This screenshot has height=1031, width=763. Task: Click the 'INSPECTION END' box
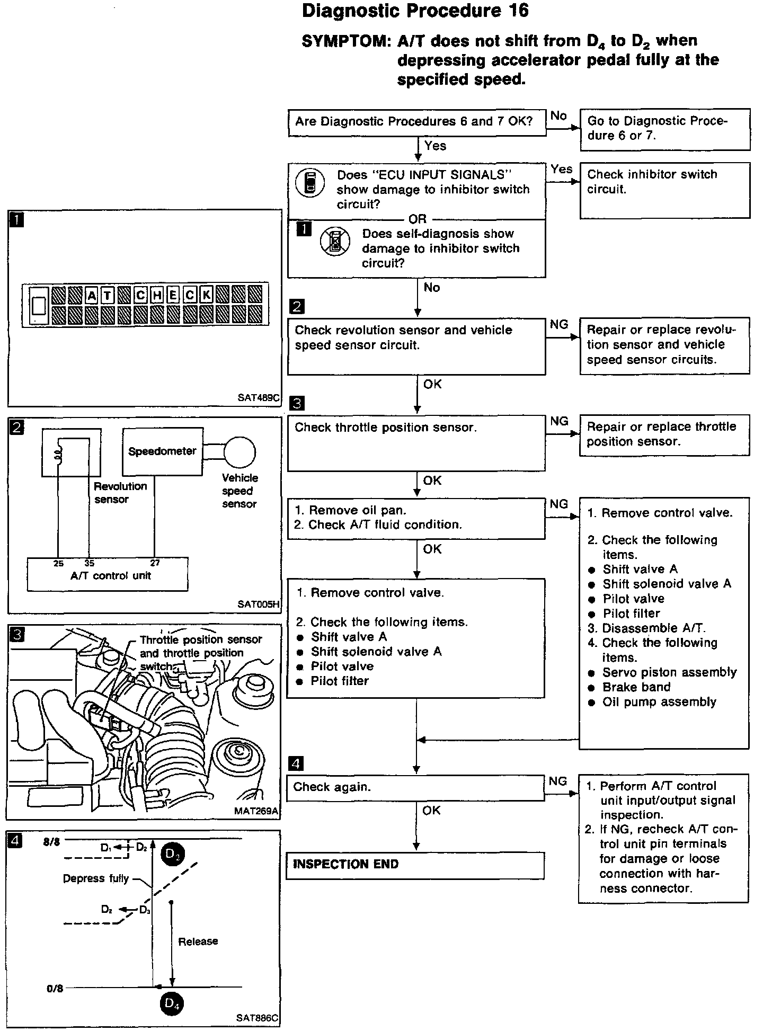[415, 865]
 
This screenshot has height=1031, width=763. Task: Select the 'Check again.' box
[415, 787]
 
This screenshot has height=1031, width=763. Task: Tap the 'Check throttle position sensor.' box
[416, 442]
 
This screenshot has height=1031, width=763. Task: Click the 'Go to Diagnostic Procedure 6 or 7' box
[664, 129]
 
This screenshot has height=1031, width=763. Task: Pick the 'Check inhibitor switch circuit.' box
[664, 190]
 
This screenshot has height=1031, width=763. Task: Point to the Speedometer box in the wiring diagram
[162, 451]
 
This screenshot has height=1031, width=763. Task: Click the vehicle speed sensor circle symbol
[239, 452]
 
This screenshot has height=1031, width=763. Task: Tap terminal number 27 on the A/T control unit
[155, 563]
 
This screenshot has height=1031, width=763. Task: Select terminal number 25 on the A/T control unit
[58, 563]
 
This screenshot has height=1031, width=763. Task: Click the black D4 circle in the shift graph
[172, 1002]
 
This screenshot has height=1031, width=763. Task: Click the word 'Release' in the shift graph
[198, 941]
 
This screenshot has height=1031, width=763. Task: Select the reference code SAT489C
[259, 397]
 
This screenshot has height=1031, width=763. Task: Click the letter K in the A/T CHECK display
[206, 295]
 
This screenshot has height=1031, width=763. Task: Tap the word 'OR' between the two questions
[418, 219]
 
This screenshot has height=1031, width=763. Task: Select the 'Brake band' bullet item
[636, 687]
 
